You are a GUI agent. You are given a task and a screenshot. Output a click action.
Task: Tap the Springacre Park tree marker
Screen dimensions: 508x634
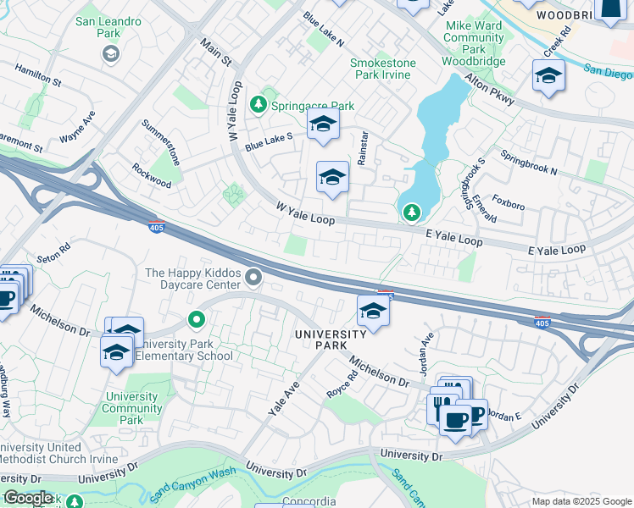[259, 106]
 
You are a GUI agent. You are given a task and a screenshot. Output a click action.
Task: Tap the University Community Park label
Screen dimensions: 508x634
[131, 408]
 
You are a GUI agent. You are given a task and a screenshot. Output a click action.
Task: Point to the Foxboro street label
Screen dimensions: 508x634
[509, 203]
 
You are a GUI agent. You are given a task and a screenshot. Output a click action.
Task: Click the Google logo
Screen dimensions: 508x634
[27, 497]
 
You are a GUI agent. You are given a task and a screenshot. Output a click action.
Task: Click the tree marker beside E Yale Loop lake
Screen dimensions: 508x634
[411, 212]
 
